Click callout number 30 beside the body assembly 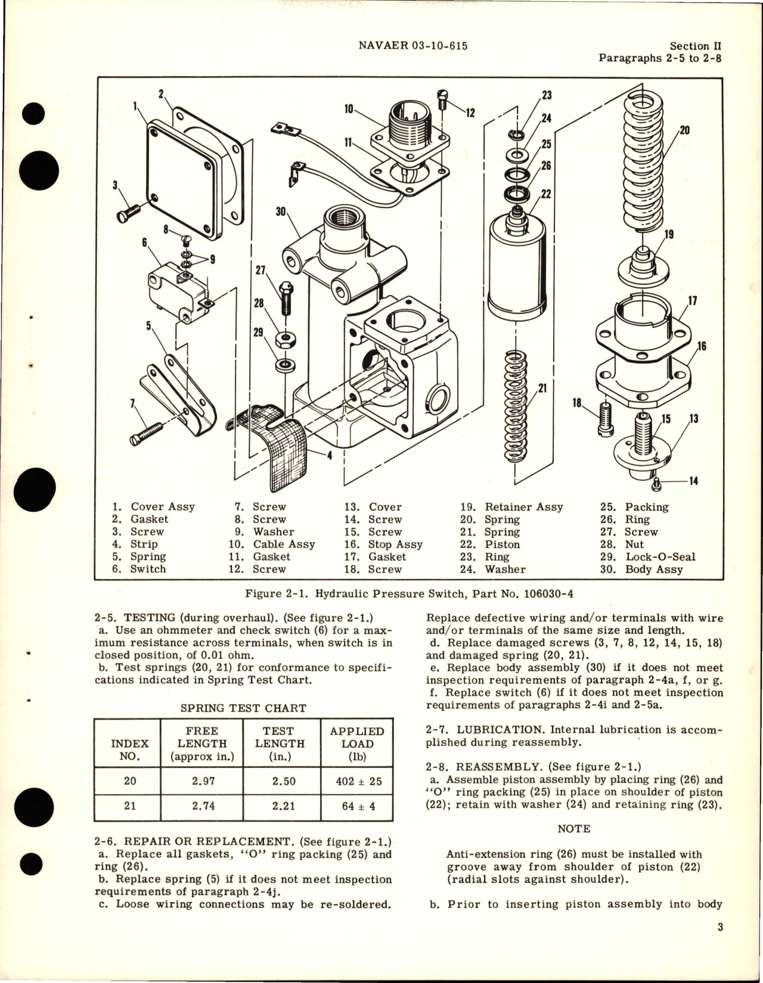click(x=280, y=211)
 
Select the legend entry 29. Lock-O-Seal click(x=647, y=557)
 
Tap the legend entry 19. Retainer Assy click(x=511, y=507)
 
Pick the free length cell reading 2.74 click(x=202, y=805)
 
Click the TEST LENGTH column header click(x=280, y=743)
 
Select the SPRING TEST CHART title click(x=243, y=708)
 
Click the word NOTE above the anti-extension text click(x=574, y=829)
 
